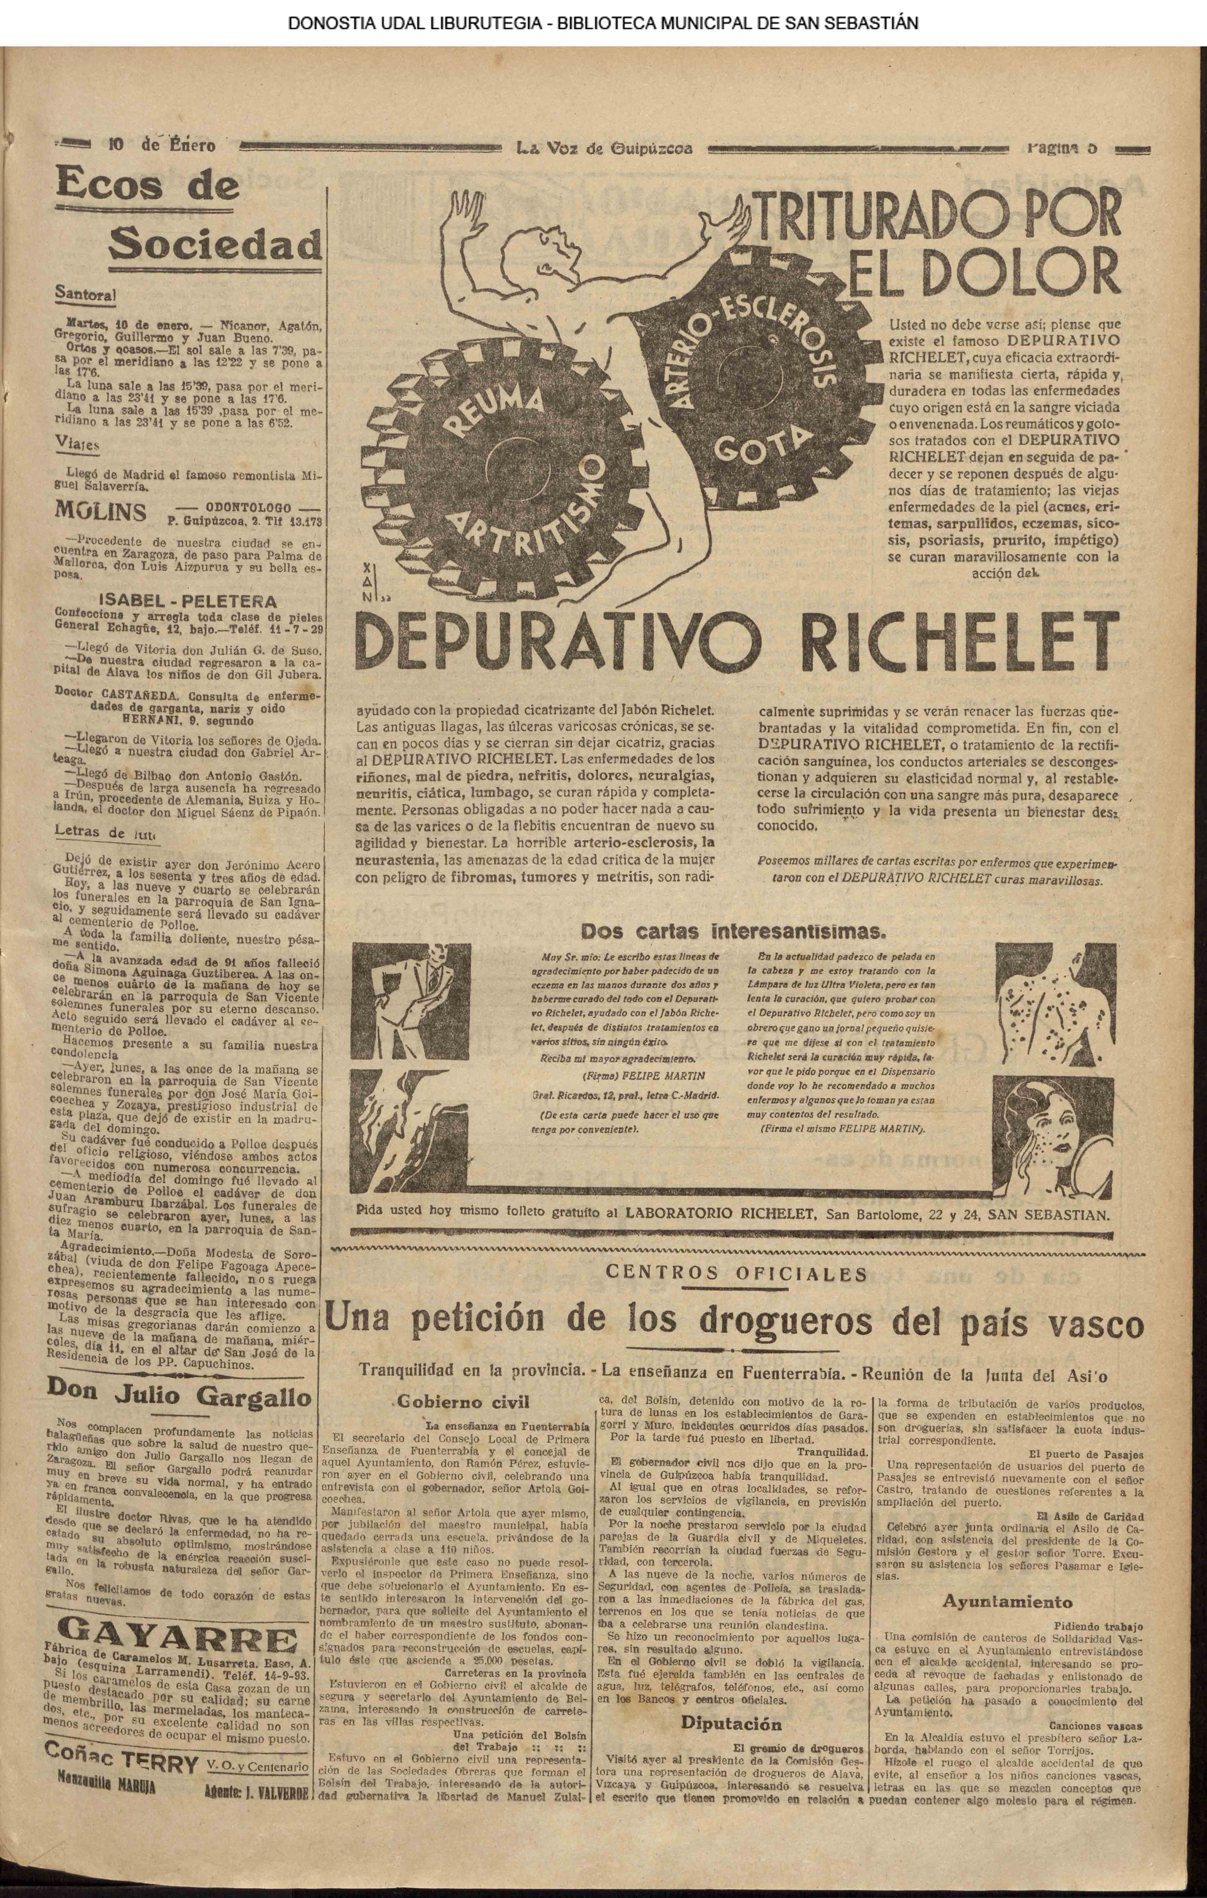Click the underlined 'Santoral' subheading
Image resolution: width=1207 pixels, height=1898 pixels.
[x=85, y=294]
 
